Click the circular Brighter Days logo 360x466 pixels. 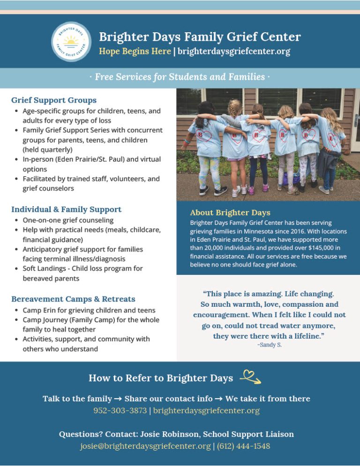click(x=71, y=42)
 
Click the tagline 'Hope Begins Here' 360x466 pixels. click(x=135, y=51)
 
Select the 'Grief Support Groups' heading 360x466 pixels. click(x=54, y=100)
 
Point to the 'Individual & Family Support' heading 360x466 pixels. click(x=66, y=209)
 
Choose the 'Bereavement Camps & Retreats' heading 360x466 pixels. click(x=73, y=299)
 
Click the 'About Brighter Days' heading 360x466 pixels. click(x=230, y=213)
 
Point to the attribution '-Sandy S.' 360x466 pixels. click(x=269, y=345)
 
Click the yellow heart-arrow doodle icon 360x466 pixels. click(x=250, y=377)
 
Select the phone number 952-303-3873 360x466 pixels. click(x=120, y=411)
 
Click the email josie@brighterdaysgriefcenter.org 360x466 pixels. click(x=145, y=446)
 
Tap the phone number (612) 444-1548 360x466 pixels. click(x=243, y=446)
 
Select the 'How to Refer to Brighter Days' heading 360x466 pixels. click(x=161, y=378)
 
